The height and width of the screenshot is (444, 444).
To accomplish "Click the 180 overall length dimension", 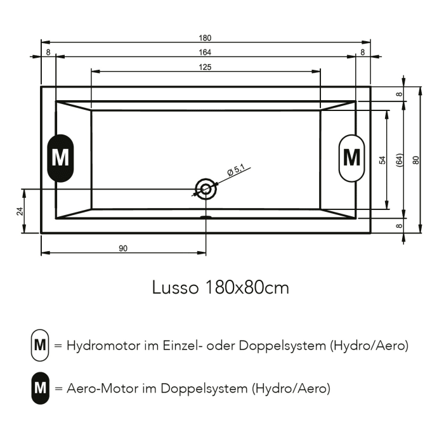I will [205, 38].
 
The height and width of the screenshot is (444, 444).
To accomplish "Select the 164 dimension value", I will [205, 52].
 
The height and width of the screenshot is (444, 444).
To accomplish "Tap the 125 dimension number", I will [205, 67].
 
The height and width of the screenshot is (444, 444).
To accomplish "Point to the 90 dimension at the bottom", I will [123, 249].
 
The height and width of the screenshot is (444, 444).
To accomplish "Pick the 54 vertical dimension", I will [382, 159].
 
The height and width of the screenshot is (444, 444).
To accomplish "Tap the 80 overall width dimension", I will [416, 159].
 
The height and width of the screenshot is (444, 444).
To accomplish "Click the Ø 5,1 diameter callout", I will [238, 170].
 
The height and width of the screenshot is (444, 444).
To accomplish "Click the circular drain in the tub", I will [206, 188].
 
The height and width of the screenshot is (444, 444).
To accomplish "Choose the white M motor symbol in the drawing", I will [351, 157].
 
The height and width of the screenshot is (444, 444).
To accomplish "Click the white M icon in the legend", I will [40, 346].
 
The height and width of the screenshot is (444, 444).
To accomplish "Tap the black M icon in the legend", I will [40, 389].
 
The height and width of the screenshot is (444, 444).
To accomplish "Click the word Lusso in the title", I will [174, 288].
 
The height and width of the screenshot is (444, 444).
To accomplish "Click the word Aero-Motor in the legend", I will [98, 389].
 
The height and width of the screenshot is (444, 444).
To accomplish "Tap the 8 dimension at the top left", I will [49, 53].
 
